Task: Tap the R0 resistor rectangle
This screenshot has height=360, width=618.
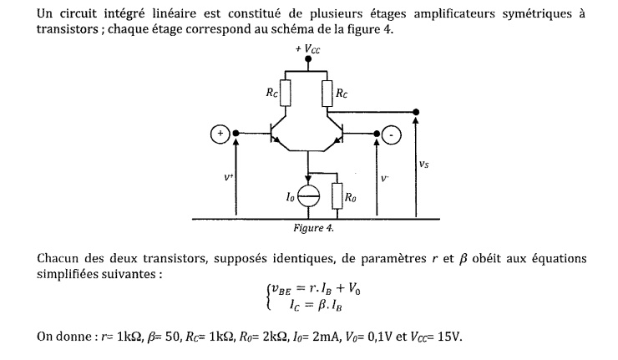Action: tap(337, 197)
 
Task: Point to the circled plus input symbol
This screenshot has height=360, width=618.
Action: tap(219, 133)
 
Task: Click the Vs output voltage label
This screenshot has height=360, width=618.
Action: tap(425, 165)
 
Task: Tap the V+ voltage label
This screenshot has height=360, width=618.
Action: tap(229, 177)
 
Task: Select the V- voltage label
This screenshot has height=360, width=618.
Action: tap(385, 177)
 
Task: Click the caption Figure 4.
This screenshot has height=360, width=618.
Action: tap(314, 226)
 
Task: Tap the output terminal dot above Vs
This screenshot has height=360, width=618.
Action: tap(416, 112)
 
